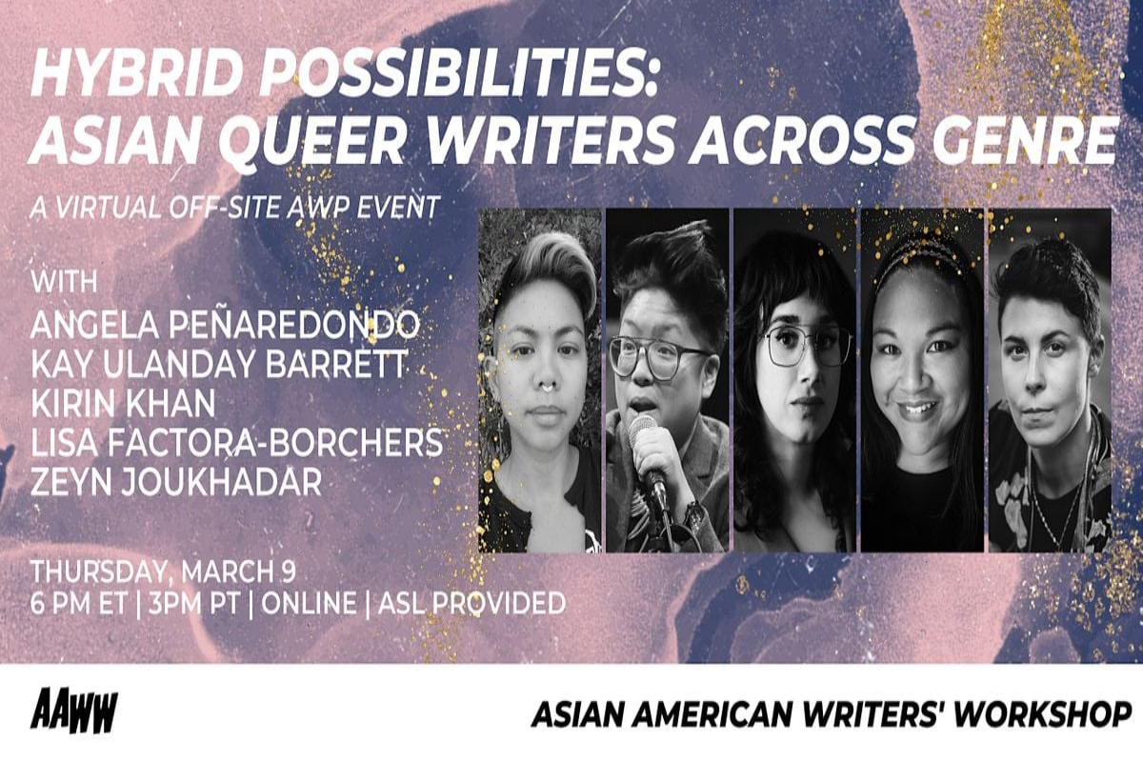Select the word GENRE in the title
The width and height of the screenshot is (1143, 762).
(x=1027, y=140)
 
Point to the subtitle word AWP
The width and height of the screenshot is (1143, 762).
(x=319, y=207)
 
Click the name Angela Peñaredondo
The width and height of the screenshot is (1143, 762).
(x=225, y=324)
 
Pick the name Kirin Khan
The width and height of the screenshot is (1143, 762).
(x=123, y=403)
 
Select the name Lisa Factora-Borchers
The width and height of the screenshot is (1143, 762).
(x=237, y=443)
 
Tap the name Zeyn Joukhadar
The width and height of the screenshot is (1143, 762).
(x=176, y=482)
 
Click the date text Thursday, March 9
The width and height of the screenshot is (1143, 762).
(x=163, y=571)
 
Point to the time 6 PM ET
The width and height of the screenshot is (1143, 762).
(x=78, y=603)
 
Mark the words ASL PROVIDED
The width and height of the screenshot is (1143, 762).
(x=472, y=603)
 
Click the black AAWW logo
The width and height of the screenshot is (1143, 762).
(x=74, y=711)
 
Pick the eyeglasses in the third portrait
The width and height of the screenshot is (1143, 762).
(x=806, y=345)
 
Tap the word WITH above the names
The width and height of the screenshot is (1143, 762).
(x=65, y=282)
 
